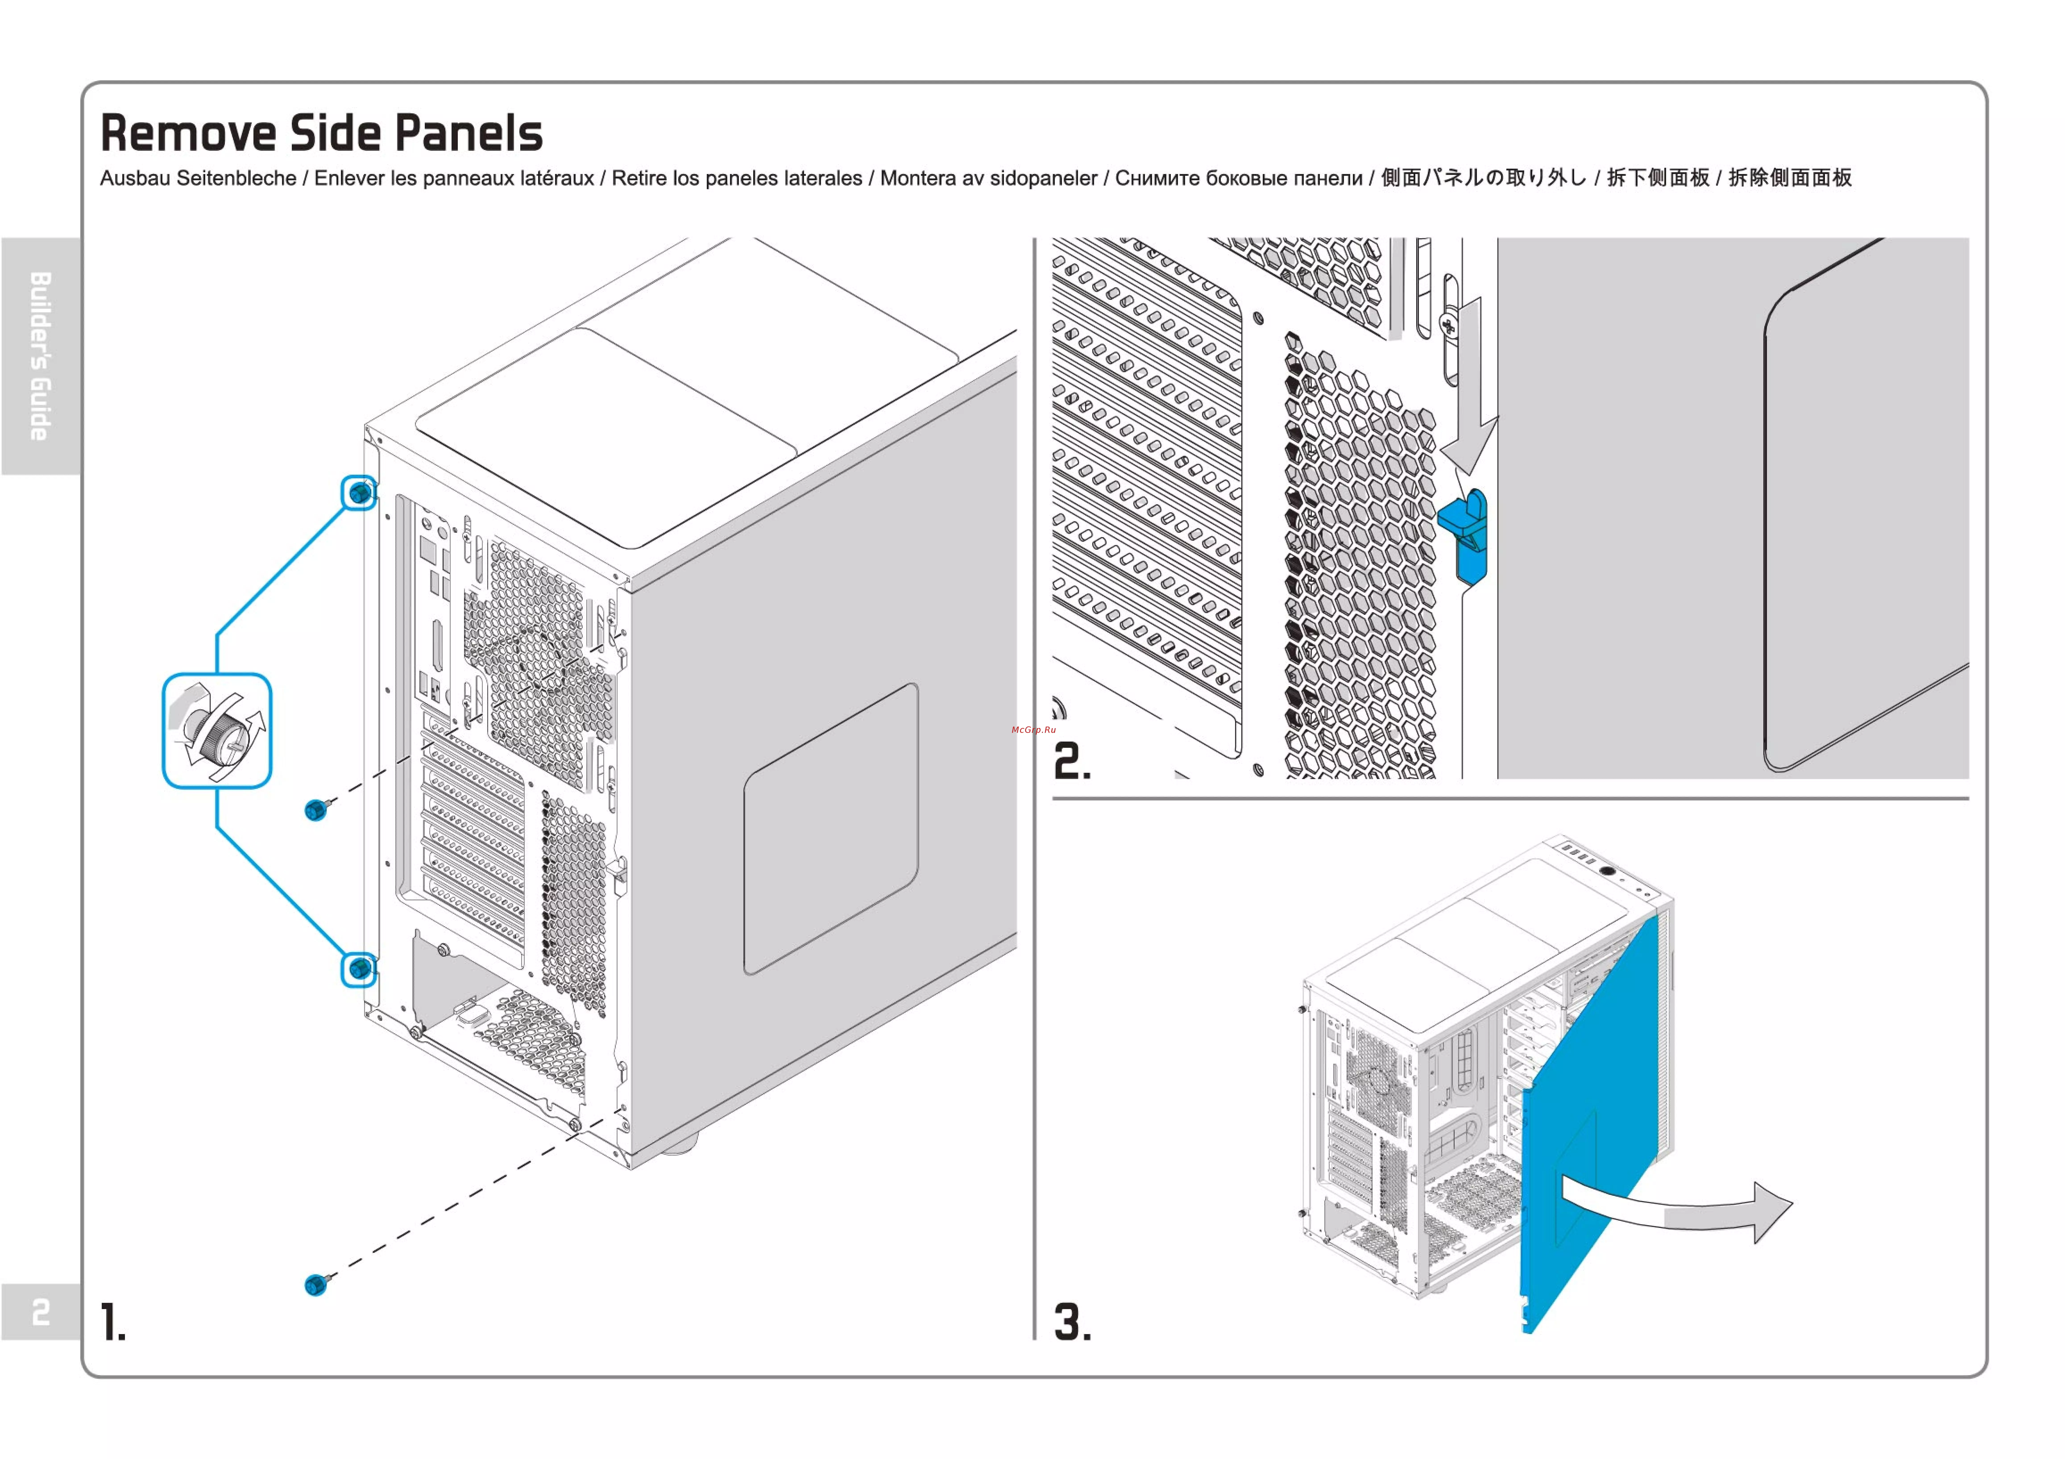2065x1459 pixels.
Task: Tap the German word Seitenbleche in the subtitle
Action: [236, 178]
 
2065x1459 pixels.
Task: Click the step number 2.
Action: [1071, 762]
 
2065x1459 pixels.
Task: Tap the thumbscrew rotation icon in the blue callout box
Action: [217, 730]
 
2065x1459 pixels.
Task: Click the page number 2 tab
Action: [40, 1312]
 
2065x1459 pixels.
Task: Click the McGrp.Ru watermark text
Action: [1033, 729]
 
